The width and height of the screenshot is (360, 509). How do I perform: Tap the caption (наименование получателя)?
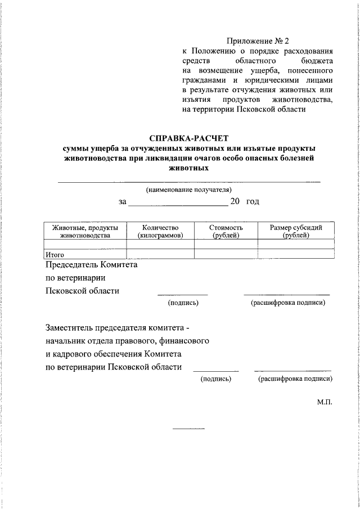point(188,190)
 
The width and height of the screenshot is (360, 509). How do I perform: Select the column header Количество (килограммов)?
point(160,231)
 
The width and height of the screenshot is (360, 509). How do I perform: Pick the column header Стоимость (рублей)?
point(226,231)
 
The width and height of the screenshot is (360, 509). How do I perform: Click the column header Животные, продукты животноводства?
point(85,231)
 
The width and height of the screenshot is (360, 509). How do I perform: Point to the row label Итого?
point(55,254)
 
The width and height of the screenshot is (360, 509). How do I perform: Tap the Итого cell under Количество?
point(160,254)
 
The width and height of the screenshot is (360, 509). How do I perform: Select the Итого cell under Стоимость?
point(226,254)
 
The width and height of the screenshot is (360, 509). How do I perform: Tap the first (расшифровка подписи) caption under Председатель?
point(287,303)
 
